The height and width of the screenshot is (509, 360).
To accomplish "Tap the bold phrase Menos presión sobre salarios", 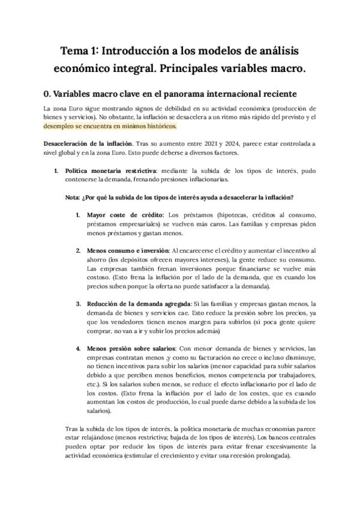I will coord(131,348).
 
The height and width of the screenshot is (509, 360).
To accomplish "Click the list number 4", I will coord(78,348).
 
